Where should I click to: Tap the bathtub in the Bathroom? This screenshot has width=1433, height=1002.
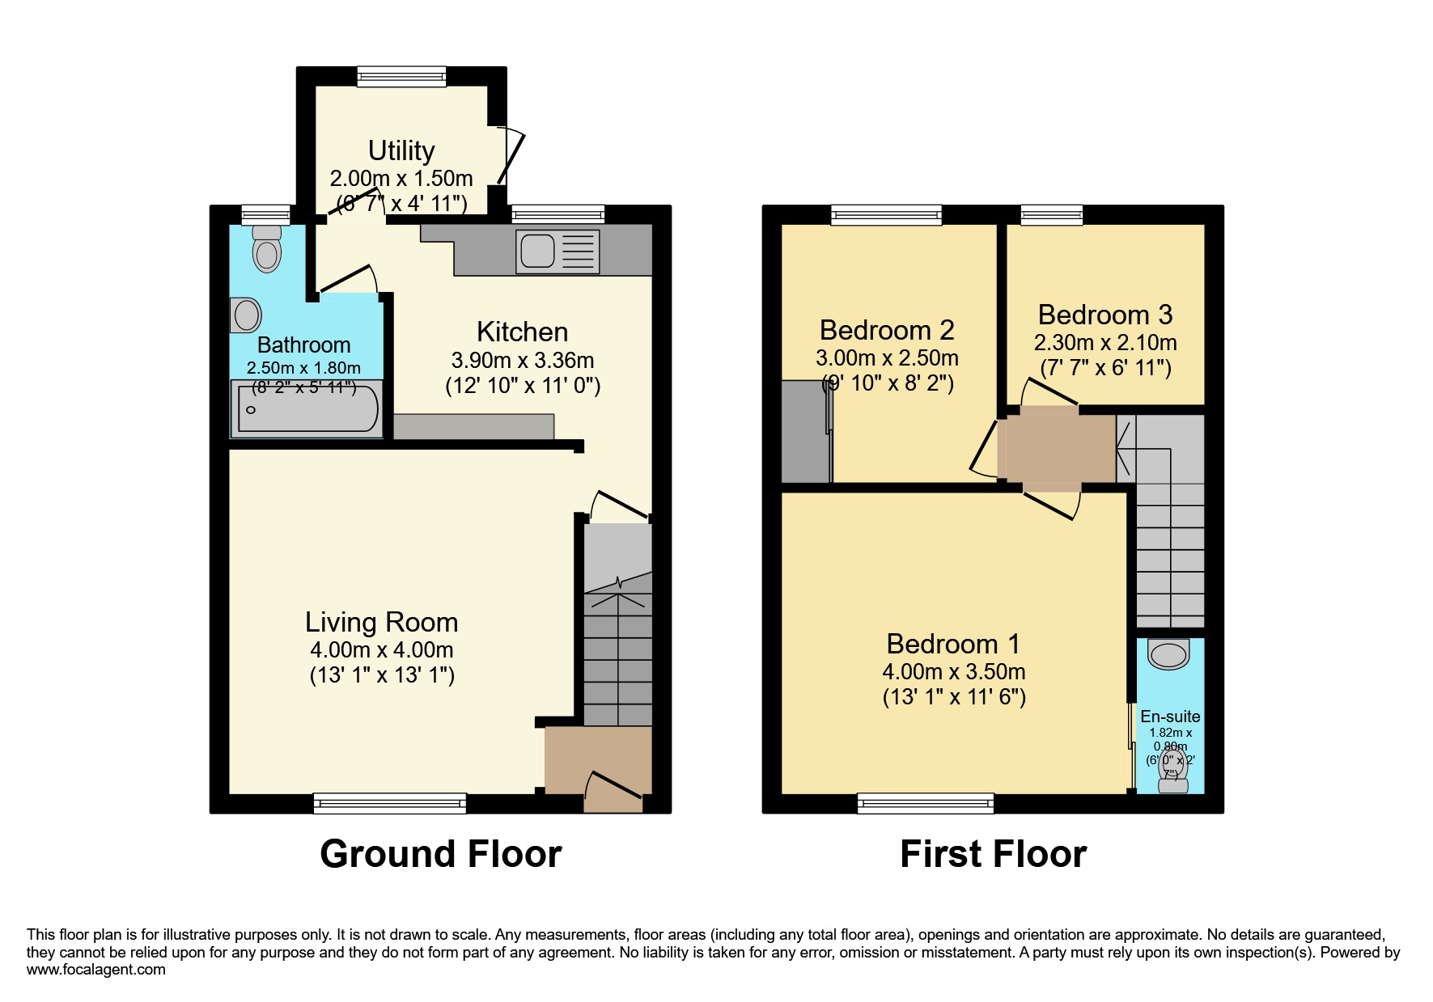click(x=307, y=409)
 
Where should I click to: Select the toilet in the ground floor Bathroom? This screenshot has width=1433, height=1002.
click(x=267, y=251)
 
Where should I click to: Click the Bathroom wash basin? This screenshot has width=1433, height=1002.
click(x=246, y=315)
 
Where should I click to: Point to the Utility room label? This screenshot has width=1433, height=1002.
click(x=401, y=150)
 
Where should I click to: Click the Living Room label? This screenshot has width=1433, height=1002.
click(x=381, y=622)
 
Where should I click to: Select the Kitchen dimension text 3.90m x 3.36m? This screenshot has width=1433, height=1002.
click(x=522, y=360)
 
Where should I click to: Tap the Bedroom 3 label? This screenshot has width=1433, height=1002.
click(x=1104, y=315)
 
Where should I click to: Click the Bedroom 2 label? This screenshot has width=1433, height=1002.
click(x=887, y=330)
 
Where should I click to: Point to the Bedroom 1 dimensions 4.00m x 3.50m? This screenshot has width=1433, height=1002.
click(x=953, y=671)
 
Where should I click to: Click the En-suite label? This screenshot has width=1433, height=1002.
click(x=1170, y=717)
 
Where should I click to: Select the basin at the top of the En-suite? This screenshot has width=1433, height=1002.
click(x=1168, y=654)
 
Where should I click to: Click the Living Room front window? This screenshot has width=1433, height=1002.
click(x=389, y=803)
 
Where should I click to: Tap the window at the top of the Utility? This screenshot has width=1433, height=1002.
click(x=401, y=77)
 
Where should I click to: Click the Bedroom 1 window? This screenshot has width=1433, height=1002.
click(x=926, y=803)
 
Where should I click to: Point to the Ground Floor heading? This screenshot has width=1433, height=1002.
click(x=440, y=854)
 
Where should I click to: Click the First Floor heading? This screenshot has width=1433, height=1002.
click(x=993, y=854)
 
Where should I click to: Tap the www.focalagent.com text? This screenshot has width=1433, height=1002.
click(x=96, y=970)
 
